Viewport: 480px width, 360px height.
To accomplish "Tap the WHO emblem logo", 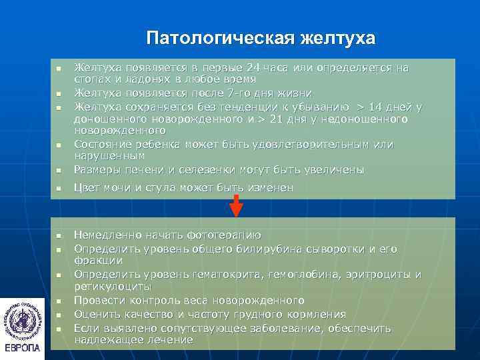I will point(23,319).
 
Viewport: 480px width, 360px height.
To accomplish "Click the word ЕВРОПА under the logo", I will point(23,348).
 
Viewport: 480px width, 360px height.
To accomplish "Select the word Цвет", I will point(87,188).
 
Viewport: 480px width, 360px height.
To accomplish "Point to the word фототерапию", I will point(224,235).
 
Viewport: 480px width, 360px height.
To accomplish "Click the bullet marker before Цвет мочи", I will point(59,189).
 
